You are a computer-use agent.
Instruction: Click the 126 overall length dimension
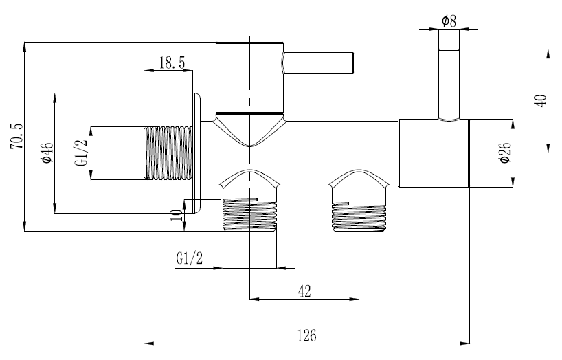[306, 335]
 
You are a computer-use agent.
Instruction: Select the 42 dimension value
[304, 291]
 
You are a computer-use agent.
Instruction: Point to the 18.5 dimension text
[172, 63]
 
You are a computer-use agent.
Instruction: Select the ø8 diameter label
[449, 21]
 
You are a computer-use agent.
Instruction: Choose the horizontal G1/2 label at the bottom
[190, 258]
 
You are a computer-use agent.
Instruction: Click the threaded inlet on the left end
[169, 153]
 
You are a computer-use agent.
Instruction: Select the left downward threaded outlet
[249, 215]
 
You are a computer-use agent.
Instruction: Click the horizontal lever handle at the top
[319, 63]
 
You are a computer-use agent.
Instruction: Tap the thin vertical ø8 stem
[449, 82]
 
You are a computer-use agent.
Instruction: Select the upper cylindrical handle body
[249, 78]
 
